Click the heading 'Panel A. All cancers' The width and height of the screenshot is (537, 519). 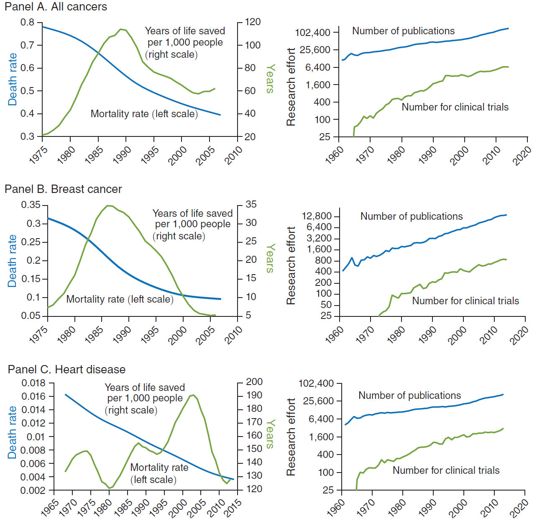tap(56, 7)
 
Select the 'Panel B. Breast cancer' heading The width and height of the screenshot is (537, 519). tap(63, 189)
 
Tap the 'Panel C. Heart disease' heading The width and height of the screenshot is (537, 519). tap(66, 370)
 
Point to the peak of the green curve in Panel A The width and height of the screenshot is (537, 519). tap(121, 29)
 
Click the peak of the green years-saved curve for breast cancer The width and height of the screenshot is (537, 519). tap(108, 206)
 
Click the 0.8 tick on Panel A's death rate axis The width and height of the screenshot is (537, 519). tap(28, 22)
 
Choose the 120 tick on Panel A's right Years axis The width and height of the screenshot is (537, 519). tap(253, 22)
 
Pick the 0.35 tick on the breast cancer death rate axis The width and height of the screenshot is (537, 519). tap(31, 205)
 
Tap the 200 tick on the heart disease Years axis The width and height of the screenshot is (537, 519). tap(254, 382)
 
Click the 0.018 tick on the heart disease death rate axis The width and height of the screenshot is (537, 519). tap(33, 383)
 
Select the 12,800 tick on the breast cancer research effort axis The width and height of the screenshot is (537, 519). tap(317, 216)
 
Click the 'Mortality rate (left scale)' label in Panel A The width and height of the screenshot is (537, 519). tap(144, 114)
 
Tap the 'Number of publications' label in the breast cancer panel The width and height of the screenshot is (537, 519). tap(412, 216)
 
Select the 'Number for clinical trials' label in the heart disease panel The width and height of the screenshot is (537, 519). tap(446, 470)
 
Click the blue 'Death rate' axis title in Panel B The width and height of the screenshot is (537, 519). tap(13, 261)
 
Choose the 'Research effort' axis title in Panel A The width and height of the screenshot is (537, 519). tap(291, 87)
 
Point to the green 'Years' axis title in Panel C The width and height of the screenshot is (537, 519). tap(271, 434)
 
